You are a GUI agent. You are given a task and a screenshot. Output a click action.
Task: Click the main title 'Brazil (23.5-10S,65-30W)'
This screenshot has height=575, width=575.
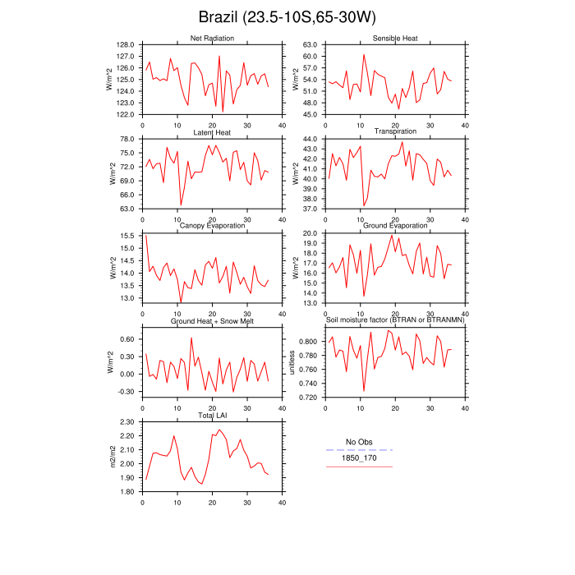[287, 18]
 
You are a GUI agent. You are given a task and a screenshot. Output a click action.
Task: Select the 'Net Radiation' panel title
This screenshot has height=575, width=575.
[212, 39]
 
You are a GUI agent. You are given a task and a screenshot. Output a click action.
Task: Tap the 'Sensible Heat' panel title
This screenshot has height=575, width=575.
[395, 39]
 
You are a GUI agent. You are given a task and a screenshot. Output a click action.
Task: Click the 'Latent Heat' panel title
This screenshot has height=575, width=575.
[212, 132]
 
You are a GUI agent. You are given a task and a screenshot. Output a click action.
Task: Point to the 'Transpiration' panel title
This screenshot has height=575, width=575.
[395, 131]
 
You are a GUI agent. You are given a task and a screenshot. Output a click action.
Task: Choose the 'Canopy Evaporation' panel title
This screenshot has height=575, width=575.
[212, 226]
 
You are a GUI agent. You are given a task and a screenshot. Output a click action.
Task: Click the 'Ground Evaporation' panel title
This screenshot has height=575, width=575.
[395, 226]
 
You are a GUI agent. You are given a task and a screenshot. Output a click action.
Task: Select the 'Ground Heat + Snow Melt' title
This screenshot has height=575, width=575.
[212, 320]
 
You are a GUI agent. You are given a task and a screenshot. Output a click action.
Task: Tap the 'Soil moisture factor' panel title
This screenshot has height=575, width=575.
[395, 320]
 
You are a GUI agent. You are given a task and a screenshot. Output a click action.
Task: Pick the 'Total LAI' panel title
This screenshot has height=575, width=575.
[212, 416]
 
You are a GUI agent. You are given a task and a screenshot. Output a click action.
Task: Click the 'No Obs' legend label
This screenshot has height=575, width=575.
[359, 442]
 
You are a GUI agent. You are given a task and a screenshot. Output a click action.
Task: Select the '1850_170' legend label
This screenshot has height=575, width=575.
[359, 458]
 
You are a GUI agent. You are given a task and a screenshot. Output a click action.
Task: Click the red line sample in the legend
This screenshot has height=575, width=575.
[359, 467]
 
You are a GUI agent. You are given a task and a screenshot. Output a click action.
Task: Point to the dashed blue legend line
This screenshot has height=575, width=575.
[359, 450]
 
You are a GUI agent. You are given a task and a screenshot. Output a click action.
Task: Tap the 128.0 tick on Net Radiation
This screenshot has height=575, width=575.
[126, 44]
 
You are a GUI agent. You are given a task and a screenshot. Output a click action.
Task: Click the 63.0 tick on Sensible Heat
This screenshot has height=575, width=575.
[309, 44]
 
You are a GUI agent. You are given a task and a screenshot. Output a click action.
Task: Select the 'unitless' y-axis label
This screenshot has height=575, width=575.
[293, 362]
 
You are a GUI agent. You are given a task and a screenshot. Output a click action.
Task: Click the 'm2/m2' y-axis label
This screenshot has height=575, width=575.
[110, 457]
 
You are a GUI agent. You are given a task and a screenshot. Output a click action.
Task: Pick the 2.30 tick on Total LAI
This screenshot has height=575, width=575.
[126, 422]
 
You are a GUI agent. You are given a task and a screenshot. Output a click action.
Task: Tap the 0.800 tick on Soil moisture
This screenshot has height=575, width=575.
[307, 341]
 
